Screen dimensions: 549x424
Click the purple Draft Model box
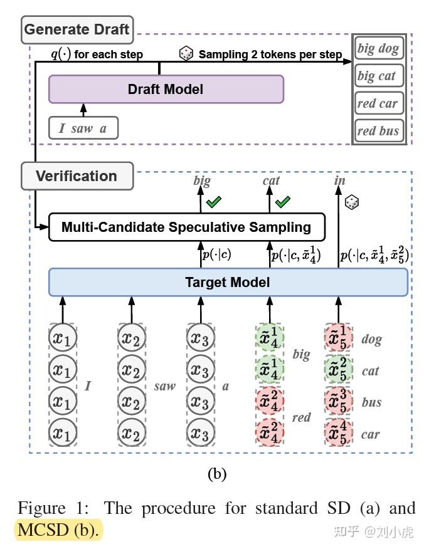coord(166,89)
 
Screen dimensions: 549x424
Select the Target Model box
coord(228,282)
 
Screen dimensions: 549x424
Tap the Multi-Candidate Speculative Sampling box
coord(186,227)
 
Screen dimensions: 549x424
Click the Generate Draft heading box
coord(77,29)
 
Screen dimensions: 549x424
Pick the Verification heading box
coord(77,175)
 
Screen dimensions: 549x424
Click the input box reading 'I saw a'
coord(83,128)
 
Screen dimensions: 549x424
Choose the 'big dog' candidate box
coord(378,48)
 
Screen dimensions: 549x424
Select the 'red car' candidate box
coord(378,103)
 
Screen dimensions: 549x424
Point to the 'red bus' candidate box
coord(378,131)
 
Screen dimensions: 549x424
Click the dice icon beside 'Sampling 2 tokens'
coord(186,54)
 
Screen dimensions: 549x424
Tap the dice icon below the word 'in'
coord(352,202)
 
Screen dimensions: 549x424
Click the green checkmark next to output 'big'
coord(215,201)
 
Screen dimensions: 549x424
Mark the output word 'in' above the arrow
coord(340,180)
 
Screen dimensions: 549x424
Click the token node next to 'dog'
coord(338,338)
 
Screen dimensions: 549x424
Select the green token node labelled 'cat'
coord(338,370)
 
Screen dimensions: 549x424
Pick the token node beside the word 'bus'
coord(338,402)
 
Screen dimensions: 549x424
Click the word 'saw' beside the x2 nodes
coord(165,386)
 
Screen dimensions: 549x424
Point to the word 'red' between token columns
coord(302,417)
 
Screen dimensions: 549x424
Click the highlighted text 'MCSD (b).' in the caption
coord(58,530)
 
